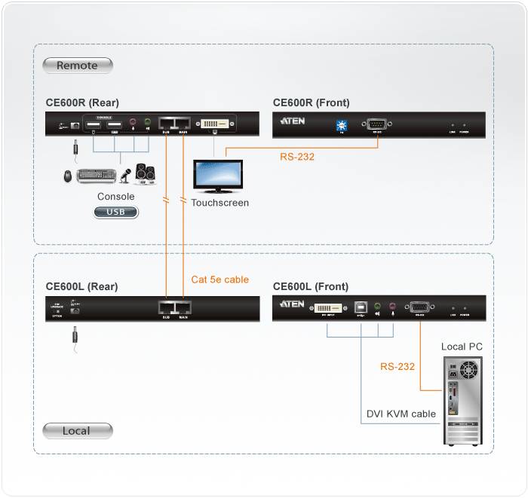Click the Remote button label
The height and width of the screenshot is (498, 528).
77,66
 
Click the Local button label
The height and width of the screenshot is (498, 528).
77,431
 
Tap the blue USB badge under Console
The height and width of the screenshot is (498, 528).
116,212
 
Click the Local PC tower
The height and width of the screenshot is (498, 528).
461,400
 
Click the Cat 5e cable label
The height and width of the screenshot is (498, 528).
219,280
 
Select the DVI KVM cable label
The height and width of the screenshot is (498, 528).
401,414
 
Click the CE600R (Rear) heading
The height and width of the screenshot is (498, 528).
82,103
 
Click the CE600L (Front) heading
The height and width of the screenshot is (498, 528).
311,286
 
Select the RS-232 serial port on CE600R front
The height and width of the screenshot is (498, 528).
374,123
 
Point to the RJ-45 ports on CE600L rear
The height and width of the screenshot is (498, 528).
174,307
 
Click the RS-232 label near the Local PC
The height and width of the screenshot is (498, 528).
397,367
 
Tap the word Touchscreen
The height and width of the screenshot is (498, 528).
219,203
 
